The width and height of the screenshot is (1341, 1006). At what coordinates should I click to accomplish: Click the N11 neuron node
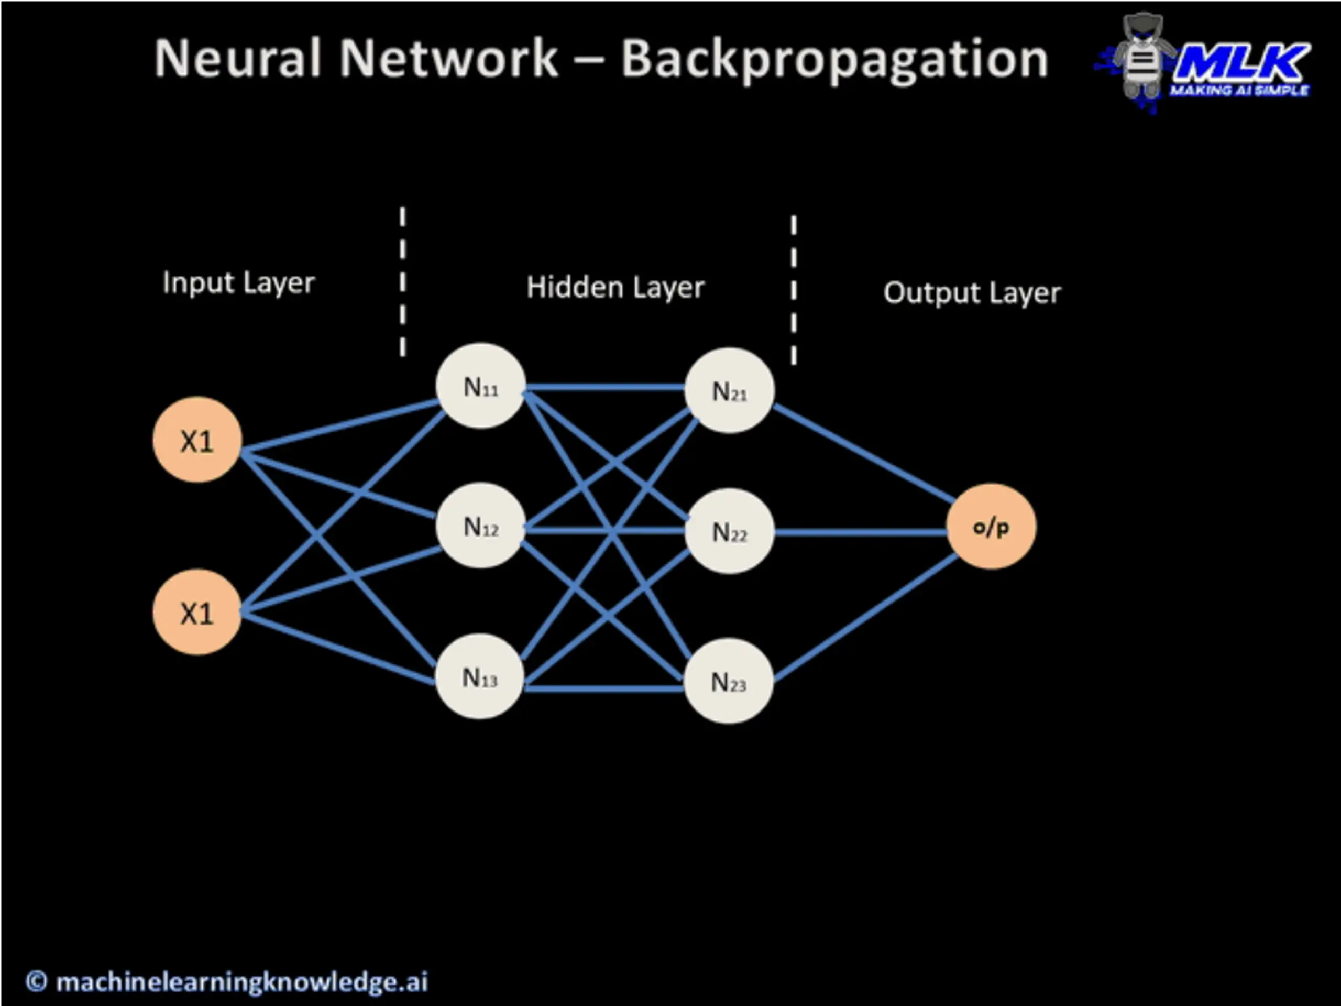(x=481, y=386)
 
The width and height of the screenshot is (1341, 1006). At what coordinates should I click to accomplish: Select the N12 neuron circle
(x=481, y=526)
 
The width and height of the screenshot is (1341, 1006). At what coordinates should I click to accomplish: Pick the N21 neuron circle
(x=729, y=390)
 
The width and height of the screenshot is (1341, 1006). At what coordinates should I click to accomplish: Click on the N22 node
(x=729, y=531)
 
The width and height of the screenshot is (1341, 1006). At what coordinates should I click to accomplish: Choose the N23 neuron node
(x=728, y=681)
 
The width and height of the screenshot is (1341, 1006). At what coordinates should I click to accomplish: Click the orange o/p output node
(x=991, y=527)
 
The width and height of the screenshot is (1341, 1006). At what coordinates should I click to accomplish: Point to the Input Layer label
(x=239, y=283)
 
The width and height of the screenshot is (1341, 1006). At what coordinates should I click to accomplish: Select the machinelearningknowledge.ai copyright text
(x=226, y=982)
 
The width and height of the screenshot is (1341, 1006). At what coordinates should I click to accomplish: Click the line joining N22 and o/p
(x=861, y=532)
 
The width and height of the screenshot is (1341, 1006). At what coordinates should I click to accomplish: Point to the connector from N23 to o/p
(x=865, y=617)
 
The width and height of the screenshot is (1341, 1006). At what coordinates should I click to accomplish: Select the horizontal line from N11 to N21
(x=605, y=387)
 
